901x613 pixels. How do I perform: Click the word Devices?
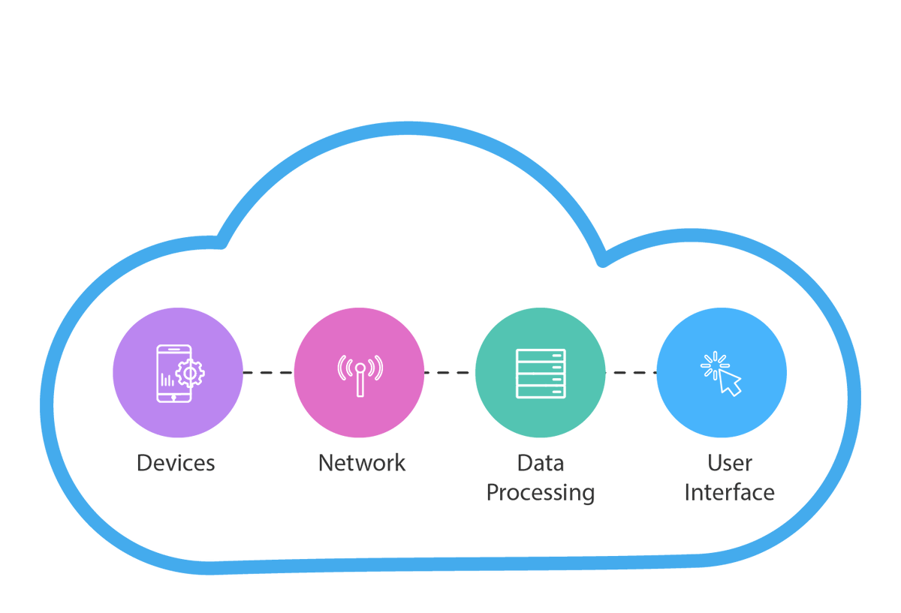pyautogui.click(x=176, y=463)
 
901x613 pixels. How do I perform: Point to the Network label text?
pyautogui.click(x=362, y=463)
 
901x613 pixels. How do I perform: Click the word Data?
pyautogui.click(x=541, y=463)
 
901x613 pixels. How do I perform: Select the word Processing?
pyautogui.click(x=541, y=493)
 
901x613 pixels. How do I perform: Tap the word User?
pyautogui.click(x=730, y=463)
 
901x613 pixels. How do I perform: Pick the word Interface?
pyautogui.click(x=730, y=493)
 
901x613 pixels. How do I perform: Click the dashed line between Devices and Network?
pyautogui.click(x=268, y=372)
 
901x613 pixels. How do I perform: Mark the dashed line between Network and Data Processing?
pyautogui.click(x=449, y=372)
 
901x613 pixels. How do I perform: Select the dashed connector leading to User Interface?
pyautogui.click(x=631, y=372)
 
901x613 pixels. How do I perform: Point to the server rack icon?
pyautogui.click(x=541, y=373)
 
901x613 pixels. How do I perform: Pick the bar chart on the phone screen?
pyautogui.click(x=167, y=380)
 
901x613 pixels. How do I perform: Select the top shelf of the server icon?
pyautogui.click(x=541, y=355)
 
